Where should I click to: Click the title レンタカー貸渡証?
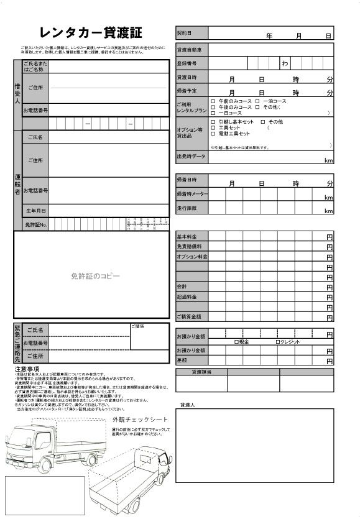click(x=91, y=33)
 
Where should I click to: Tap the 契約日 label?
click(x=185, y=32)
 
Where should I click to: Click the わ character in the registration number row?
click(x=285, y=63)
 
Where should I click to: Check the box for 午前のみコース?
click(x=213, y=101)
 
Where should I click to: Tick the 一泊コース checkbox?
click(x=257, y=101)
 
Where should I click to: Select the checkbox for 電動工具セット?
click(x=213, y=134)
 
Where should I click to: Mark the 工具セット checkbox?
click(x=213, y=127)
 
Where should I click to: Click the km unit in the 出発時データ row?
click(x=329, y=161)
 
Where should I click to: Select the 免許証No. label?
click(x=35, y=224)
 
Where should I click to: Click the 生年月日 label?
click(x=35, y=211)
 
